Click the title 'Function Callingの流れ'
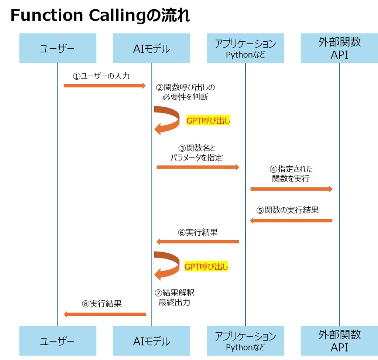point(100,16)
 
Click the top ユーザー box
point(58,48)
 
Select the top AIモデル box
point(151,48)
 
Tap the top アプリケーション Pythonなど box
point(245,48)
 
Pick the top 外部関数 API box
point(339,48)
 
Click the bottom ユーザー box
point(58,341)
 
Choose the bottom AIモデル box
point(151,341)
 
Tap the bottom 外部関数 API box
point(339,341)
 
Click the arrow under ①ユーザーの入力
point(105,86)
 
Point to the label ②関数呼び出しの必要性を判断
point(185,92)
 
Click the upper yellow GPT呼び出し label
point(208,121)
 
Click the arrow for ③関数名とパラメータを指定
point(198,167)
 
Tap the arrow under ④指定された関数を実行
point(292,189)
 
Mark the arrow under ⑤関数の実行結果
point(292,221)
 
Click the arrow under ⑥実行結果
point(198,242)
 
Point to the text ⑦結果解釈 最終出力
point(175,298)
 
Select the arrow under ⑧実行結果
point(105,314)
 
